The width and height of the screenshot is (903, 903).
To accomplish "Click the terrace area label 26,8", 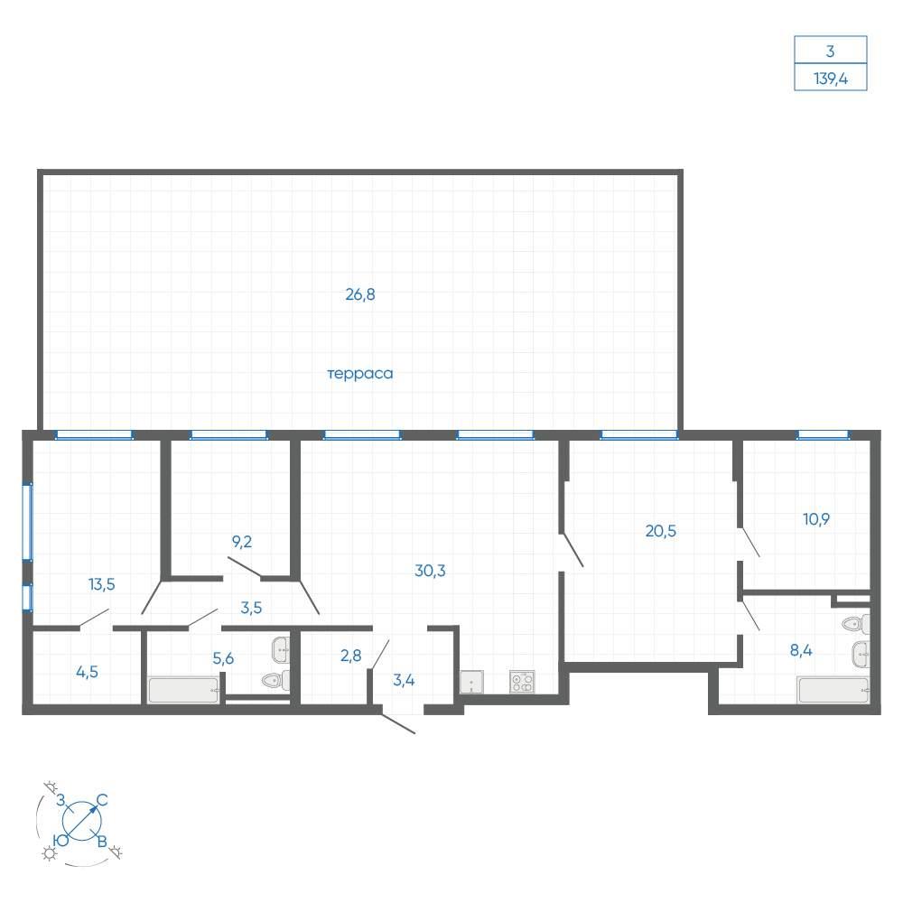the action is (x=360, y=295).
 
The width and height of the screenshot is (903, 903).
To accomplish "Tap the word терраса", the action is (x=360, y=374).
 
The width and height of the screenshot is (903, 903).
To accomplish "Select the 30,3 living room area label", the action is (x=430, y=571).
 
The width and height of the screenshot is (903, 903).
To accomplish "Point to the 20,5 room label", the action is (x=661, y=531).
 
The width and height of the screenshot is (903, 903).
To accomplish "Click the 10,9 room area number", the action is (x=816, y=519).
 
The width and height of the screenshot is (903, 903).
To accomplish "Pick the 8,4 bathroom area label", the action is (x=801, y=651).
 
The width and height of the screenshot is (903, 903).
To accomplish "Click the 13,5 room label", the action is (x=102, y=584).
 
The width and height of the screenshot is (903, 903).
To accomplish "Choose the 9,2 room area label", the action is (x=242, y=542).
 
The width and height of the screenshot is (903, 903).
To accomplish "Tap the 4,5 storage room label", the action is (x=87, y=672).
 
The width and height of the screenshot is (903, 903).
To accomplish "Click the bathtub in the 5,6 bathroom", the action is (x=183, y=690).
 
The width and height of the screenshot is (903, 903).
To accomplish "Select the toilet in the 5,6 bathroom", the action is (x=275, y=681).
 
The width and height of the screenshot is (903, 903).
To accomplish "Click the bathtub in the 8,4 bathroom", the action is (x=833, y=690).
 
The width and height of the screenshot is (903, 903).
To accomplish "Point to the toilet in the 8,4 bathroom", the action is (x=856, y=623).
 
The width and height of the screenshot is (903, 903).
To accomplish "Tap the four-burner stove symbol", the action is (x=522, y=682).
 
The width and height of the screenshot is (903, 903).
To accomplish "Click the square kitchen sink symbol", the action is (x=471, y=682).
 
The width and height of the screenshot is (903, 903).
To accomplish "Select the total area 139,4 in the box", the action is (x=831, y=79).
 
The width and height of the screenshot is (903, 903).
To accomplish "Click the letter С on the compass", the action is (x=102, y=800).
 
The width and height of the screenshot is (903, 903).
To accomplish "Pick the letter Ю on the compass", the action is (x=61, y=840).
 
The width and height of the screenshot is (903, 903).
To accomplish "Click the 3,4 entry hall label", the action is (x=404, y=680).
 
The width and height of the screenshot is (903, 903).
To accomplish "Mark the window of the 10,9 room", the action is (x=823, y=435).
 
